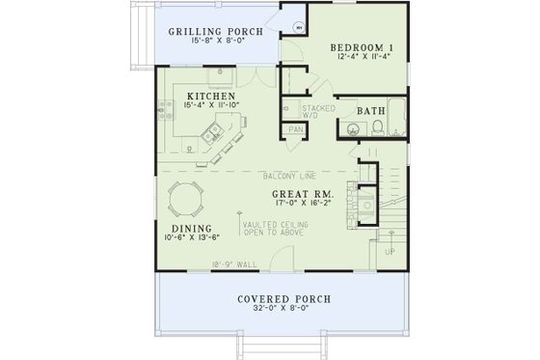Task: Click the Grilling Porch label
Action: click(216, 31)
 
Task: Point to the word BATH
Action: click(372, 112)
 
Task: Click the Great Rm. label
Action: click(304, 193)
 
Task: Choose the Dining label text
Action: click(181, 230)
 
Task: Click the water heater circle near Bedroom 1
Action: click(299, 28)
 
